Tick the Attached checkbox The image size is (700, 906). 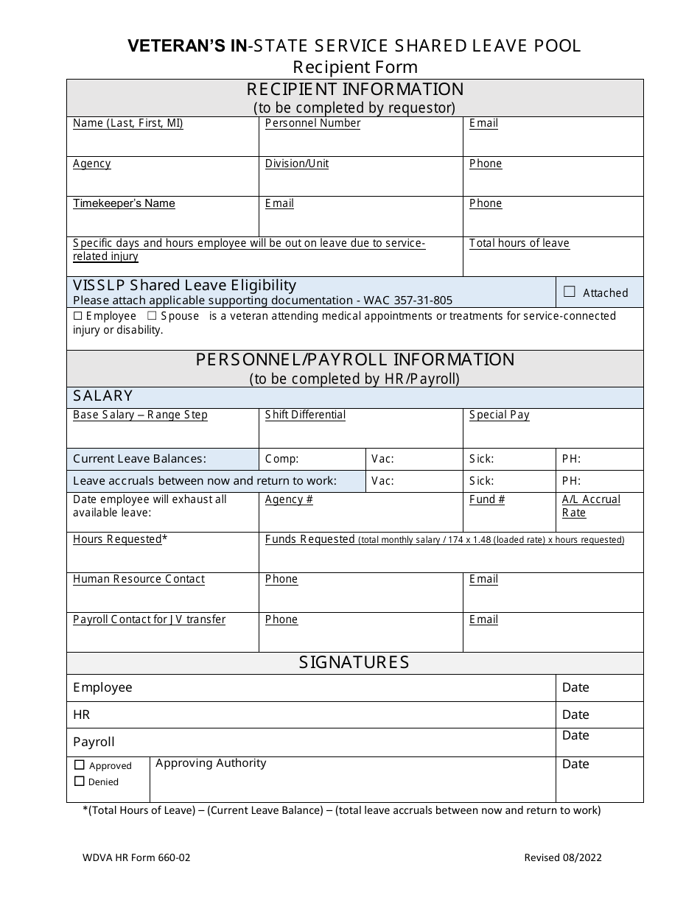coord(569,292)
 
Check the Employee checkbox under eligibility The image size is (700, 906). coord(78,316)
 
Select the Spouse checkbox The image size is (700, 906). coord(152,316)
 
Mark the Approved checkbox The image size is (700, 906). coord(80,765)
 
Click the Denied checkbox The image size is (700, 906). coord(80,782)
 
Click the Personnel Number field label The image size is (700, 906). coord(312,123)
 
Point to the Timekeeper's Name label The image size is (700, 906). coord(124,203)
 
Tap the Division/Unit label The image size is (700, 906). coord(297,164)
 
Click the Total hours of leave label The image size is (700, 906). coord(519,243)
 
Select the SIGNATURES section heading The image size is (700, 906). coord(354,662)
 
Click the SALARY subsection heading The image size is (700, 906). coord(103,396)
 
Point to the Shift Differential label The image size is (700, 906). coord(305,415)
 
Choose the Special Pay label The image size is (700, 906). coord(499,415)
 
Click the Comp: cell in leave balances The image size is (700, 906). coord(281,459)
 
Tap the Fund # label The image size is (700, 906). coord(487,499)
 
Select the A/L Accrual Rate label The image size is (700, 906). coord(591,506)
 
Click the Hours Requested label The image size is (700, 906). coord(117,539)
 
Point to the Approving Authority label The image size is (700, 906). coord(211,763)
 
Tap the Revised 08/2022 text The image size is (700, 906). coord(562,857)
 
